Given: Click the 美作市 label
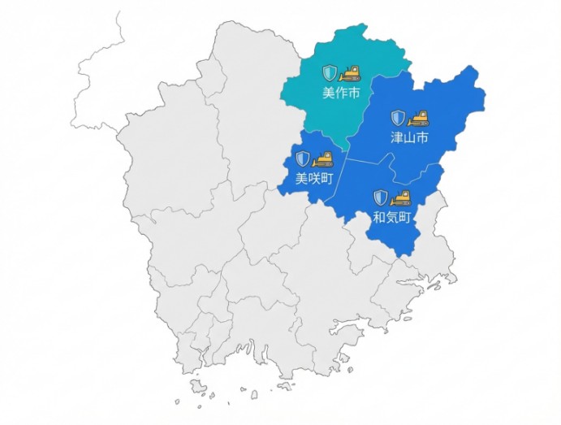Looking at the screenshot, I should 341,93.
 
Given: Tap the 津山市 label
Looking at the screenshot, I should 409,137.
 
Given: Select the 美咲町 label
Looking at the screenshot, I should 313,178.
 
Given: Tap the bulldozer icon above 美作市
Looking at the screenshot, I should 350,73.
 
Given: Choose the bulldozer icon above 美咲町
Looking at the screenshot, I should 323,159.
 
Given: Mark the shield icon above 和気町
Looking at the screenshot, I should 381,198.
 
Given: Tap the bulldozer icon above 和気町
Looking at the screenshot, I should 401,198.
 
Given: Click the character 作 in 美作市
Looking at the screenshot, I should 341,93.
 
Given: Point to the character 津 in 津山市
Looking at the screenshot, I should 397,137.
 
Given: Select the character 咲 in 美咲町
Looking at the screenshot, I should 313,178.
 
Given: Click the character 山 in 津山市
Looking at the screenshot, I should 409,137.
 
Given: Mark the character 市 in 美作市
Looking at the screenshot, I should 353,93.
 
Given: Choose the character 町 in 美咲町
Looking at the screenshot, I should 326,178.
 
